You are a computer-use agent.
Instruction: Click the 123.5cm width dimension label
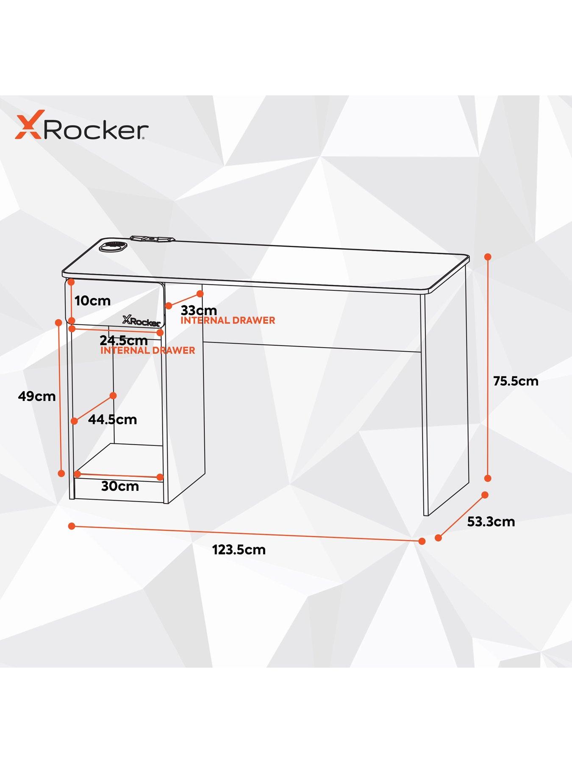tap(239, 550)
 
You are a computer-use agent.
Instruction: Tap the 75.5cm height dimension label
tap(516, 381)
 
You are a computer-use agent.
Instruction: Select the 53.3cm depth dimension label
tap(491, 521)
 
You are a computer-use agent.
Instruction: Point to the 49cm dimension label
tap(37, 396)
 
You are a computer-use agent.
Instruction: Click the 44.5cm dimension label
tap(113, 420)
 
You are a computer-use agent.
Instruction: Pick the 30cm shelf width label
tap(120, 486)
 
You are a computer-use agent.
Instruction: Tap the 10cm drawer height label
tap(92, 301)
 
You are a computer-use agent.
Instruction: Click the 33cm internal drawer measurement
tap(199, 310)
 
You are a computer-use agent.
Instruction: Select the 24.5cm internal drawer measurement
tap(124, 340)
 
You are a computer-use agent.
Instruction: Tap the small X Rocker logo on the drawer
tap(142, 320)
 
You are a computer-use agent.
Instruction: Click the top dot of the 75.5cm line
tap(488, 257)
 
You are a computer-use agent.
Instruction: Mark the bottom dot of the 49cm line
tap(61, 473)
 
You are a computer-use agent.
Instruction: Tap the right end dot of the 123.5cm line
tap(422, 541)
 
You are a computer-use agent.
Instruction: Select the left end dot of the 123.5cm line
tap(72, 526)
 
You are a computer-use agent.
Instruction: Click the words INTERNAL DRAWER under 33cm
tap(228, 320)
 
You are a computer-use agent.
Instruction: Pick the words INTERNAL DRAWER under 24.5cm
tap(147, 351)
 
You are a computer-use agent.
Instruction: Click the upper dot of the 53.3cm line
tap(485, 495)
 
